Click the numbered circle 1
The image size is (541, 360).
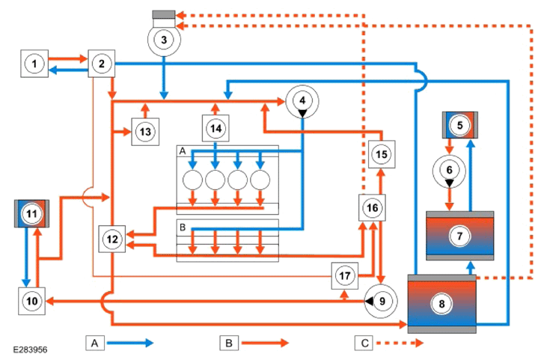click(x=34, y=64)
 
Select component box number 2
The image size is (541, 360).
click(x=102, y=64)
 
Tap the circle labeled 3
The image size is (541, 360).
click(x=164, y=40)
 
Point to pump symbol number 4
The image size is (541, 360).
click(x=302, y=102)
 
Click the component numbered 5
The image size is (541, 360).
click(x=460, y=125)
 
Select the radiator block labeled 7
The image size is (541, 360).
click(x=459, y=236)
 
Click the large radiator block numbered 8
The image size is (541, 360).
click(x=441, y=304)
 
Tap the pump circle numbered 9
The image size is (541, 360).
click(x=381, y=302)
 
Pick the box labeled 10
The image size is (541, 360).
click(x=31, y=301)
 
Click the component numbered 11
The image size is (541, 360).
click(x=31, y=213)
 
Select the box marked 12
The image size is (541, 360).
click(x=112, y=239)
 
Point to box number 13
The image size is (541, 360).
click(x=145, y=132)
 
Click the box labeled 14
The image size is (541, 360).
click(x=216, y=129)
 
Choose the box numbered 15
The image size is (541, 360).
click(x=382, y=154)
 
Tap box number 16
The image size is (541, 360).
click(x=373, y=208)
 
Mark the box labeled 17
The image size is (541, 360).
click(x=345, y=275)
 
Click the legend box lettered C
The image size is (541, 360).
click(x=364, y=343)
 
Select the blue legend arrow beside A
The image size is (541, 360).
click(x=130, y=343)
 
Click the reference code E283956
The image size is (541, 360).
click(x=31, y=350)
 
